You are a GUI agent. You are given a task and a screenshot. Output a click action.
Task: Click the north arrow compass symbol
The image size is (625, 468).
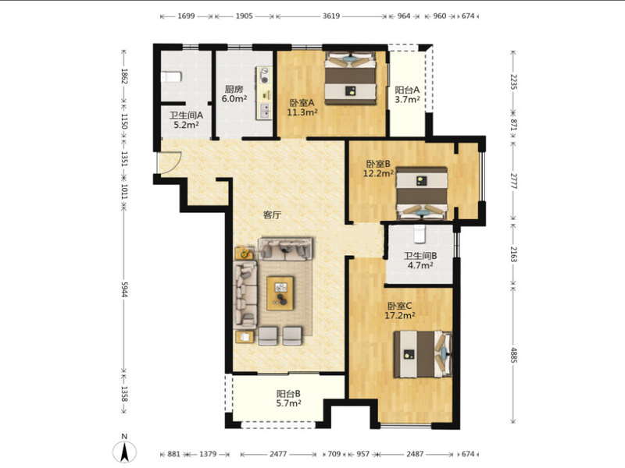124,452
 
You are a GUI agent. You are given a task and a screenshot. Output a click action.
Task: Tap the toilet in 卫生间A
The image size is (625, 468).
171,76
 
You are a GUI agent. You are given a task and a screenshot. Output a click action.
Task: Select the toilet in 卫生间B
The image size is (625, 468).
420,233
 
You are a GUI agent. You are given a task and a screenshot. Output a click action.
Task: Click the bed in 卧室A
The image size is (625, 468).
350,79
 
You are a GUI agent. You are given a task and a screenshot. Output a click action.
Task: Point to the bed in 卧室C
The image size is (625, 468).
423,354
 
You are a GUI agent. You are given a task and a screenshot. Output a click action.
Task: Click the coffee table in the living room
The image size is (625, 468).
280,293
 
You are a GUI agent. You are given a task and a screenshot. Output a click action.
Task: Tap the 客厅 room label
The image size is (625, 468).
272,215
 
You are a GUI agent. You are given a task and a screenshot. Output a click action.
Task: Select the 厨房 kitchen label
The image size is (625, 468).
234,89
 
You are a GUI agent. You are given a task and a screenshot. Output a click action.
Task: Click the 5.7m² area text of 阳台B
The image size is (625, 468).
288,403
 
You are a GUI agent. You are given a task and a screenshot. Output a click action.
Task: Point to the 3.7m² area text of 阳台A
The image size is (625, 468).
407,100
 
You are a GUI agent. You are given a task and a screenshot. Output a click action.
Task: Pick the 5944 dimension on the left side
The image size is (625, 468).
124,289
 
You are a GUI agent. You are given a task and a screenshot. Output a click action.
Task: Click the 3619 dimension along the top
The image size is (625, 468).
331,16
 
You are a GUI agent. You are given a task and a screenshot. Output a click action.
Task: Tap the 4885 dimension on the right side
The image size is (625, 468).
514,356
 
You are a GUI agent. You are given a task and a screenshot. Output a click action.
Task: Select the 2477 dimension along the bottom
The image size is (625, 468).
278,454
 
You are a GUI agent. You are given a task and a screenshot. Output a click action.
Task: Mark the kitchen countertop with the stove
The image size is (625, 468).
264,93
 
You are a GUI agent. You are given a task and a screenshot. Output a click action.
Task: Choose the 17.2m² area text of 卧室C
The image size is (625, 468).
400,316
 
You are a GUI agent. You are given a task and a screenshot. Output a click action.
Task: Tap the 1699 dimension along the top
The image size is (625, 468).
186,16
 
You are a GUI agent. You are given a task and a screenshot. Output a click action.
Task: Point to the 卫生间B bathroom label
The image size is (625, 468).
420,256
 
